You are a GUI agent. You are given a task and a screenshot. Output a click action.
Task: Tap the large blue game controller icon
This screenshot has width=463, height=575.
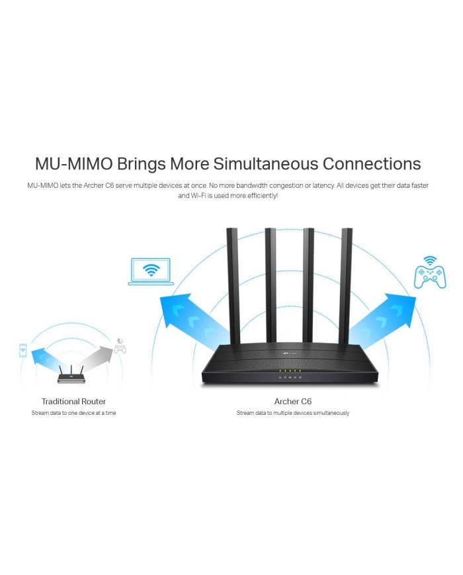(x=430, y=275)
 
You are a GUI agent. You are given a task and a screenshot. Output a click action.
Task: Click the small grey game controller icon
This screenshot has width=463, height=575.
(x=120, y=347)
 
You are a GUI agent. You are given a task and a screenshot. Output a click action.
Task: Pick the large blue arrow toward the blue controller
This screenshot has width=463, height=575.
(x=382, y=318)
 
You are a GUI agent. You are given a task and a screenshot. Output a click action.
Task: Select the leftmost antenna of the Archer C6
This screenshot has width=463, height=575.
(x=232, y=285)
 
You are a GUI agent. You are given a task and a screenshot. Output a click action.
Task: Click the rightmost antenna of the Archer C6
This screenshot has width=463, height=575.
(x=347, y=285)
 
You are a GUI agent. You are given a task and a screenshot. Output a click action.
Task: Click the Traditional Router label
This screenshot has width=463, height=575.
(x=73, y=402)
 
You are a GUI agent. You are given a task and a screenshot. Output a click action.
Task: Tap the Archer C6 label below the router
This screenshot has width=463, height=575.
(x=292, y=402)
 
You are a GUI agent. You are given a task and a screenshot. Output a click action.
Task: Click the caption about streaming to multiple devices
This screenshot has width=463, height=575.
(x=292, y=413)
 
